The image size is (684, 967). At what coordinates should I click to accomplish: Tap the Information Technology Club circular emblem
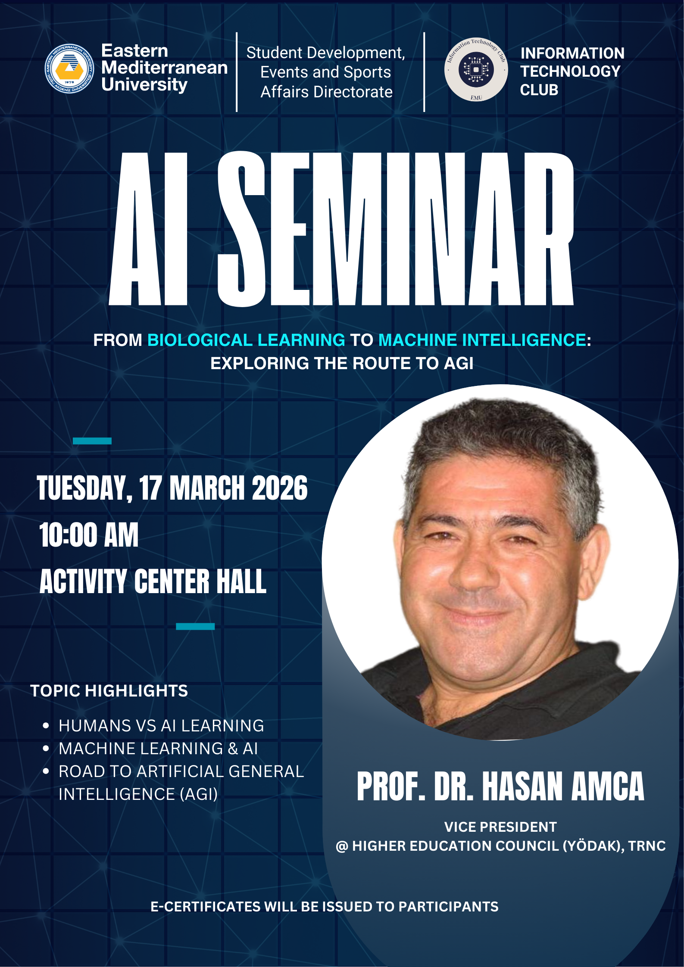click(476, 69)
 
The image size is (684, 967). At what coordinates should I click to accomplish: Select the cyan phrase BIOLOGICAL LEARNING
click(246, 340)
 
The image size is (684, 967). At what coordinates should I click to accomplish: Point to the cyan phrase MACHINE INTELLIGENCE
click(482, 340)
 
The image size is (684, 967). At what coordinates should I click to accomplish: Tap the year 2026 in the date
click(280, 488)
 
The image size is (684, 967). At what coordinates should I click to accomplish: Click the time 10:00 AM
click(89, 535)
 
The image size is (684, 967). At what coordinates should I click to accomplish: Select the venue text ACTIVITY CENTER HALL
click(153, 581)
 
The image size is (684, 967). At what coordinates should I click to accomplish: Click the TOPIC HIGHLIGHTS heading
click(109, 691)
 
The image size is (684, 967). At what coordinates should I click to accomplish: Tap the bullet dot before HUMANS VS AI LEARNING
click(46, 726)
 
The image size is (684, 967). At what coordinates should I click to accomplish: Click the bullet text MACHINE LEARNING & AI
click(158, 749)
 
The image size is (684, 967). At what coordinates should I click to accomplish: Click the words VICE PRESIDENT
click(500, 827)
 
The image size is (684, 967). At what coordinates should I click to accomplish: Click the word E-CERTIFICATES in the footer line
click(206, 907)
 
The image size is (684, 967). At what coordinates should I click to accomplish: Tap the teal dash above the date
click(92, 441)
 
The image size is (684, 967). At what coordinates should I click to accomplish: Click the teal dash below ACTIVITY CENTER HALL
click(195, 626)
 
